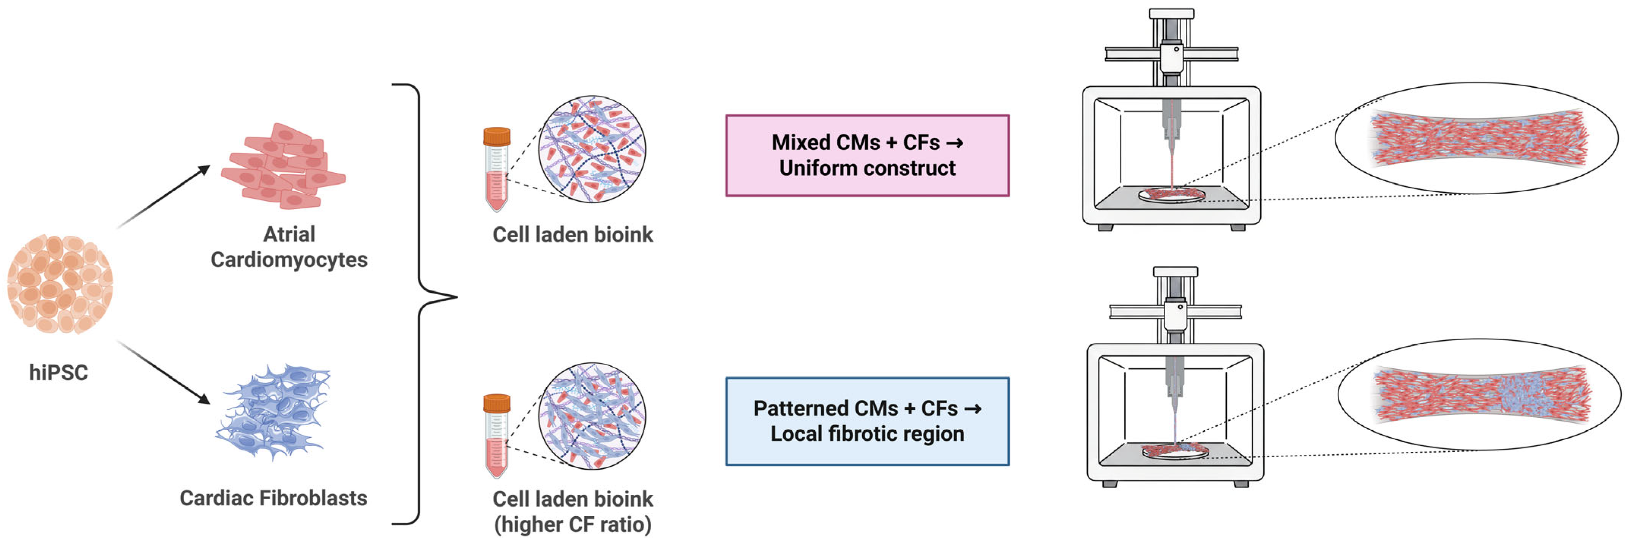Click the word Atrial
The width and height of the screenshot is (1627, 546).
pyautogui.click(x=289, y=234)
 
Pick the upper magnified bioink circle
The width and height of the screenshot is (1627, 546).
pyautogui.click(x=592, y=149)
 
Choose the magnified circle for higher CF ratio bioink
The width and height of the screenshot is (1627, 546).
pyautogui.click(x=592, y=416)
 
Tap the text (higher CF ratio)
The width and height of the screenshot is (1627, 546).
pyautogui.click(x=573, y=524)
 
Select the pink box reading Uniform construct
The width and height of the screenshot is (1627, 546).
pyautogui.click(x=867, y=155)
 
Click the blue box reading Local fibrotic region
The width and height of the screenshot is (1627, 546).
pyautogui.click(x=867, y=421)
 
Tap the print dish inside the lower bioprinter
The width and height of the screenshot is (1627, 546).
pyautogui.click(x=1175, y=451)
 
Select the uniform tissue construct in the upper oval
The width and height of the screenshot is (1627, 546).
pyautogui.click(x=1478, y=138)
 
